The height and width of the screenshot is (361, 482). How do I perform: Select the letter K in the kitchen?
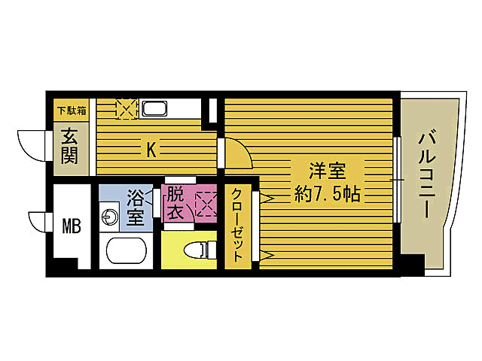151,150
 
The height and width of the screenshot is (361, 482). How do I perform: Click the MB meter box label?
71,224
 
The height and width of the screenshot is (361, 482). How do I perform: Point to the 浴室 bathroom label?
136,208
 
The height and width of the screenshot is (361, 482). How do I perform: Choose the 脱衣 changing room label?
175,203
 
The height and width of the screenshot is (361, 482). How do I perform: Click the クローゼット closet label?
238,225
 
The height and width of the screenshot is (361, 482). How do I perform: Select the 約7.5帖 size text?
325,195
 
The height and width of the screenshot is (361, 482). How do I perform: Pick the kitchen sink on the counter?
157,110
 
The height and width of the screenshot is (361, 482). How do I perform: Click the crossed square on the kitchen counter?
125,110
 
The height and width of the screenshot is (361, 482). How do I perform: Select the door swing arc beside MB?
38,223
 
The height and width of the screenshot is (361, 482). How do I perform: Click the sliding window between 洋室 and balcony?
395,180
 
